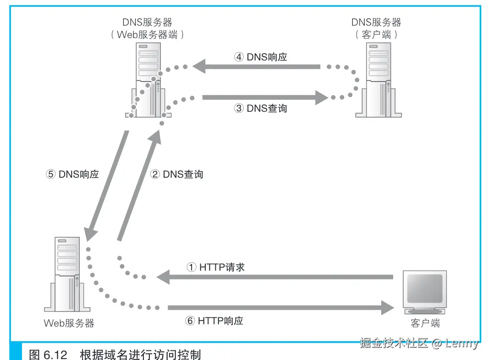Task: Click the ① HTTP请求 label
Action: click(x=215, y=267)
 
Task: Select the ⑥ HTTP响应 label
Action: click(x=214, y=321)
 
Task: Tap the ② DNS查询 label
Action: click(x=176, y=174)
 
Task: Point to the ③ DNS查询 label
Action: click(x=260, y=109)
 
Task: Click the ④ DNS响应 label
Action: click(x=260, y=57)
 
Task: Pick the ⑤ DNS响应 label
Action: click(x=72, y=174)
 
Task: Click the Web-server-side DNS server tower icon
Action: click(x=147, y=78)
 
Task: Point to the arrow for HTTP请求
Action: click(x=275, y=277)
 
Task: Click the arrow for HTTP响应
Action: click(x=275, y=307)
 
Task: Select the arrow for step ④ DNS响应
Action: click(x=257, y=67)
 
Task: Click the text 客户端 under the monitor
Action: click(x=425, y=323)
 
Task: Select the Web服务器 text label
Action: click(x=69, y=323)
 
